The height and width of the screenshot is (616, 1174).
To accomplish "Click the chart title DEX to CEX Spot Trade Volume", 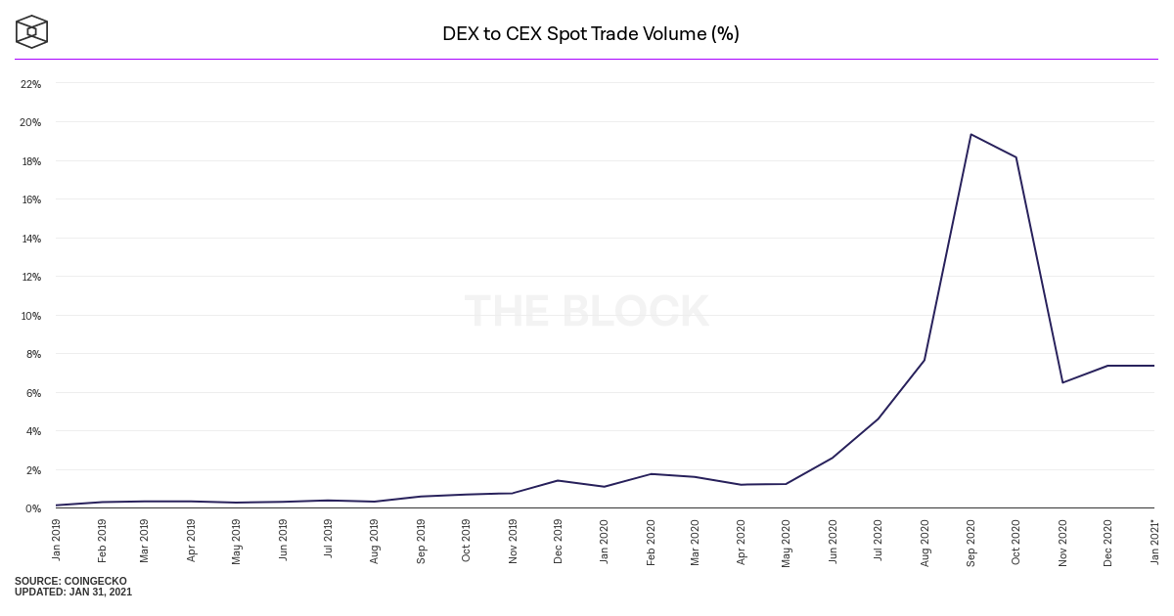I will pos(590,34).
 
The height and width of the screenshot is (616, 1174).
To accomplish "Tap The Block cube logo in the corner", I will pos(31,31).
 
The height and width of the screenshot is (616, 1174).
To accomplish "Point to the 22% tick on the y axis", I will pos(31,84).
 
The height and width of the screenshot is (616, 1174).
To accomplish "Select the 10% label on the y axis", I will pos(31,316).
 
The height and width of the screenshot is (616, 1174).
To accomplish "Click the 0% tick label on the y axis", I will pos(33,508).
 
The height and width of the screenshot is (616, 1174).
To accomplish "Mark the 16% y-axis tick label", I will pos(31,199).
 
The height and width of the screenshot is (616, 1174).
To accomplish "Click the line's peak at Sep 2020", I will pos(970,134).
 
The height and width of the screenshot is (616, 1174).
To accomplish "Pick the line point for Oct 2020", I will pos(1016,157).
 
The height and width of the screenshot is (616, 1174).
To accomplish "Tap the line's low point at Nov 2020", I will pos(1061,382).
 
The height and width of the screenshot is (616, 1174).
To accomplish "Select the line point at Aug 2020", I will pos(924,361).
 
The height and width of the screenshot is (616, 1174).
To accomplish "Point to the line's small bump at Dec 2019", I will pos(558,480).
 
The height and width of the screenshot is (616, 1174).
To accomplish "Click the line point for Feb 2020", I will pos(650,474).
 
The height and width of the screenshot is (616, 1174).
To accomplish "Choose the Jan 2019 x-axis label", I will pos(57,540).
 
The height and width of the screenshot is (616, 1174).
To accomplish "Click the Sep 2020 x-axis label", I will pos(971,543).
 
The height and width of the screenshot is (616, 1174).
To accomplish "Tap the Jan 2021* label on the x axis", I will pos(1154,542).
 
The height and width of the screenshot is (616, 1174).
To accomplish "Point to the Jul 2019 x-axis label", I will pos(329,540).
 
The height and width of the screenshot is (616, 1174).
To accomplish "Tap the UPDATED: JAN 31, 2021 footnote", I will pos(73,593).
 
